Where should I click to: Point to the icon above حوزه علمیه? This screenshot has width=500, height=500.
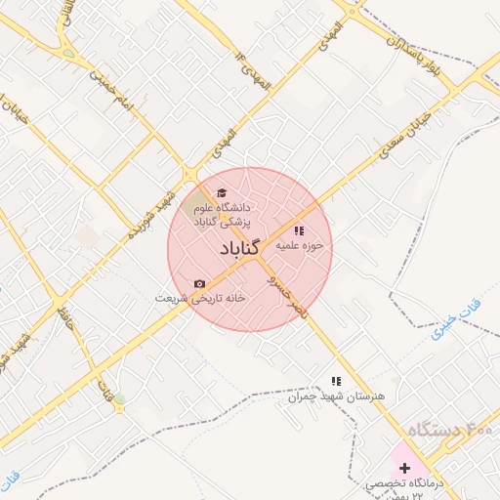coord(299,230)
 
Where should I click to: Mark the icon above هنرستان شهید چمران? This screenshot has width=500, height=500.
coord(336,381)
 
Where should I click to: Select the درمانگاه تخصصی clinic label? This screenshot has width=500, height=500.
coord(406,484)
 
